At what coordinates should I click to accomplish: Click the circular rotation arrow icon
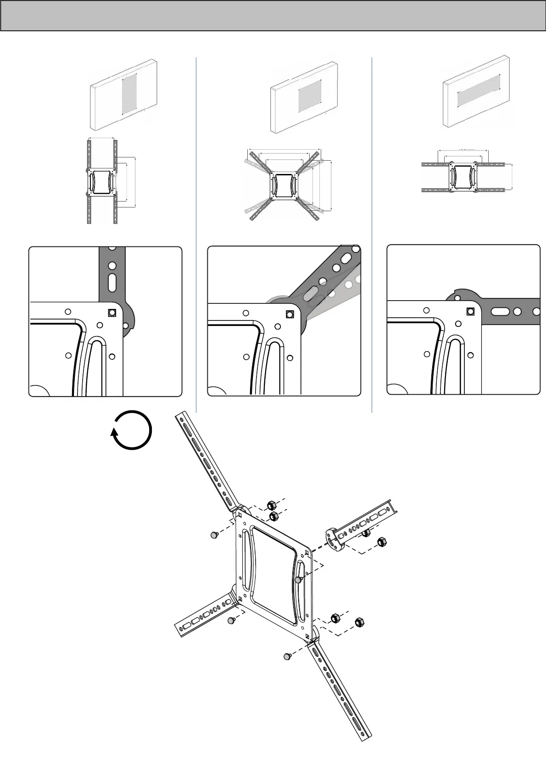pyautogui.click(x=132, y=431)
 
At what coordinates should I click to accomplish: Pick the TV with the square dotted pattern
pyautogui.click(x=305, y=95)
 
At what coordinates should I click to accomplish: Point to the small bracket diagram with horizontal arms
pyautogui.click(x=463, y=176)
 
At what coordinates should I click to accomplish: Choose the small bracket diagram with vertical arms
pyautogui.click(x=102, y=181)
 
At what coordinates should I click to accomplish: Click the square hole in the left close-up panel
pyautogui.click(x=111, y=313)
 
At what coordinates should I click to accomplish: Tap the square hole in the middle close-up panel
pyautogui.click(x=290, y=314)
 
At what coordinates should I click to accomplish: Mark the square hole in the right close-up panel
pyautogui.click(x=470, y=312)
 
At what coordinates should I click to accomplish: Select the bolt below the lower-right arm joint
pyautogui.click(x=287, y=657)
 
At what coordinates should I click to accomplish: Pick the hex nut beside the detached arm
pyautogui.click(x=381, y=542)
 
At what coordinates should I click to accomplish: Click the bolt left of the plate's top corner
pyautogui.click(x=214, y=535)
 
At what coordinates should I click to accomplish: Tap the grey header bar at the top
pyautogui.click(x=273, y=16)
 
